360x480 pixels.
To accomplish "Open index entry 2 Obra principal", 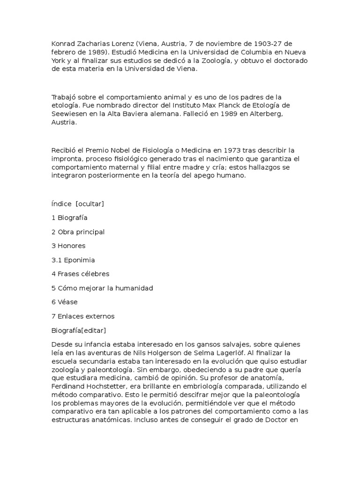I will tap(78, 232).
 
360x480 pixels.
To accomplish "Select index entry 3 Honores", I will tap(68, 246).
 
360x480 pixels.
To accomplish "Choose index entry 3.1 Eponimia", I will tap(73, 260).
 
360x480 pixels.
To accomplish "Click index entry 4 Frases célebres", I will tap(80, 274).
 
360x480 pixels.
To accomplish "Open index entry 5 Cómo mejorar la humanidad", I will tap(102, 288).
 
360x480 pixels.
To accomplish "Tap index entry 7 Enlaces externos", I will tap(83, 316).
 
